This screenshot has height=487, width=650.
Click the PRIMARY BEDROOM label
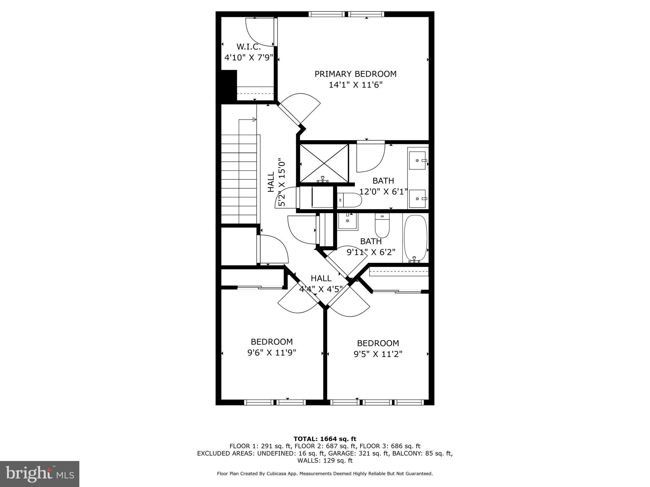point(355,74)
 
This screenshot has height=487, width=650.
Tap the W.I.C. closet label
point(249,47)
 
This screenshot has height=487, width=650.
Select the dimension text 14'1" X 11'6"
point(355,85)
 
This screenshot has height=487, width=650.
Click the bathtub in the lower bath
point(415,238)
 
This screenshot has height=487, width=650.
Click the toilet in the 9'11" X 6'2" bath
point(382,225)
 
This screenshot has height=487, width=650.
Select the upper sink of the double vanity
point(417,160)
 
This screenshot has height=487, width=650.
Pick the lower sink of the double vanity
point(417,198)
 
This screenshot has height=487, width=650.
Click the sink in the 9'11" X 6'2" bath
point(348,221)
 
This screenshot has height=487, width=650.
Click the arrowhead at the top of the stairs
point(254,120)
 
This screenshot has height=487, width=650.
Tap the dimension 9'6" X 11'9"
point(272,353)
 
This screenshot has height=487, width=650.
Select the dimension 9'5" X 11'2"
point(378,354)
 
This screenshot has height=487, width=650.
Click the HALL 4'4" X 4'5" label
point(321,283)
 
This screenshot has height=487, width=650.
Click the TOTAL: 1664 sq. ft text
point(325,439)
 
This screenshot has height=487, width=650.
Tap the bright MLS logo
point(40,474)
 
